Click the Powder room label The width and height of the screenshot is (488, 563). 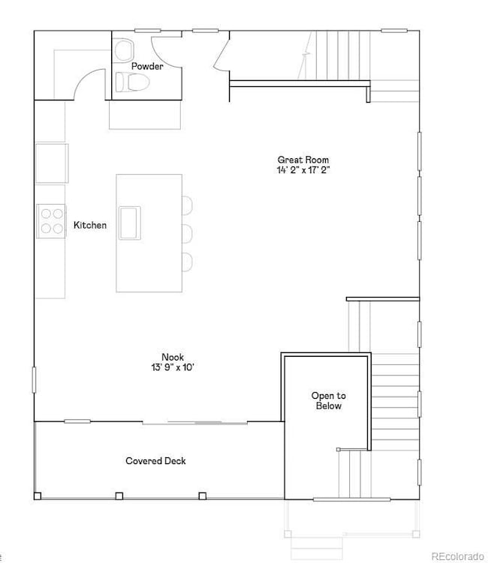147,66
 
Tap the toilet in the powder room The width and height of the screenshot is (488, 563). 132,82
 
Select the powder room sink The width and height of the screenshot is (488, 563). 124,49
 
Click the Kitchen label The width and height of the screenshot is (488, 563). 90,225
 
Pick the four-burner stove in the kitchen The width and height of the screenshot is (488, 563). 51,221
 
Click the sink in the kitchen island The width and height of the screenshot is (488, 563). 130,223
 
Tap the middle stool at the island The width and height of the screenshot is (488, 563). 188,233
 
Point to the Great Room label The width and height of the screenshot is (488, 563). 303,160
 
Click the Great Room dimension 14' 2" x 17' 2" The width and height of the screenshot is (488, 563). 303,170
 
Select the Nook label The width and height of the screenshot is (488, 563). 173,357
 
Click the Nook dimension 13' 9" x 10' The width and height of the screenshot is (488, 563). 173,367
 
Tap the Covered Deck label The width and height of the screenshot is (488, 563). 155,460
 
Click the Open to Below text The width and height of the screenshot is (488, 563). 328,401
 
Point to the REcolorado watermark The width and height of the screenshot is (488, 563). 457,556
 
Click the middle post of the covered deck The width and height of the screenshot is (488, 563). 119,496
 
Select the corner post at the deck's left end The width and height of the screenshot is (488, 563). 38,496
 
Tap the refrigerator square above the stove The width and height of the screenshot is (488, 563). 52,163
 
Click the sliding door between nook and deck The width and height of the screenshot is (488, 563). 195,423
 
